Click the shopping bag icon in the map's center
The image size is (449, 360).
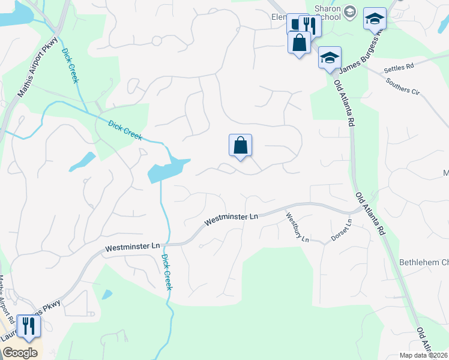pos(240,145)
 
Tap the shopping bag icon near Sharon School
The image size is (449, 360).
pos(299,43)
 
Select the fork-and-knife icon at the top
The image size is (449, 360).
pos(310,25)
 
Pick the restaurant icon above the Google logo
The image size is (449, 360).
pos(28,326)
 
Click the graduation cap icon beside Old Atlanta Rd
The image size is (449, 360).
pos(329,58)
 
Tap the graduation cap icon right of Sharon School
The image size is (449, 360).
pos(375,19)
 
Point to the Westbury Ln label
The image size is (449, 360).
pos(297,228)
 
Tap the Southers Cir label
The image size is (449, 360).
pos(403,86)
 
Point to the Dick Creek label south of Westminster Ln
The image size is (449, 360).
pos(167,272)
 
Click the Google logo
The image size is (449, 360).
pos(19,353)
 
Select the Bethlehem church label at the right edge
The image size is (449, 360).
pos(424,263)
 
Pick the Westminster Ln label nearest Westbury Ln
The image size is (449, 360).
pos(231,218)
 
